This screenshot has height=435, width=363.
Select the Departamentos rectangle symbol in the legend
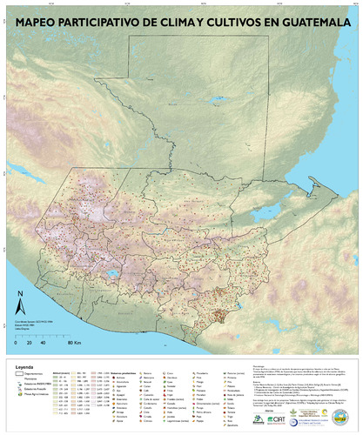pos(21,375)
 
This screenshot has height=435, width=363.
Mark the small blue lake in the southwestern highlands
pos(112,277)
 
